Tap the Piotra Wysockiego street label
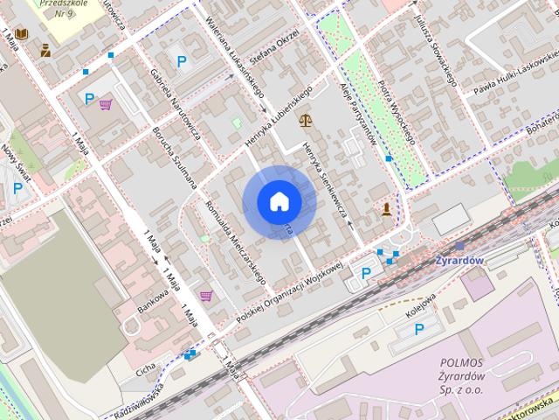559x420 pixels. click(x=397, y=113)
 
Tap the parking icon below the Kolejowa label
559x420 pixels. click(x=419, y=329)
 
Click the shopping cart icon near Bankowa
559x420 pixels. click(x=205, y=295)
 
